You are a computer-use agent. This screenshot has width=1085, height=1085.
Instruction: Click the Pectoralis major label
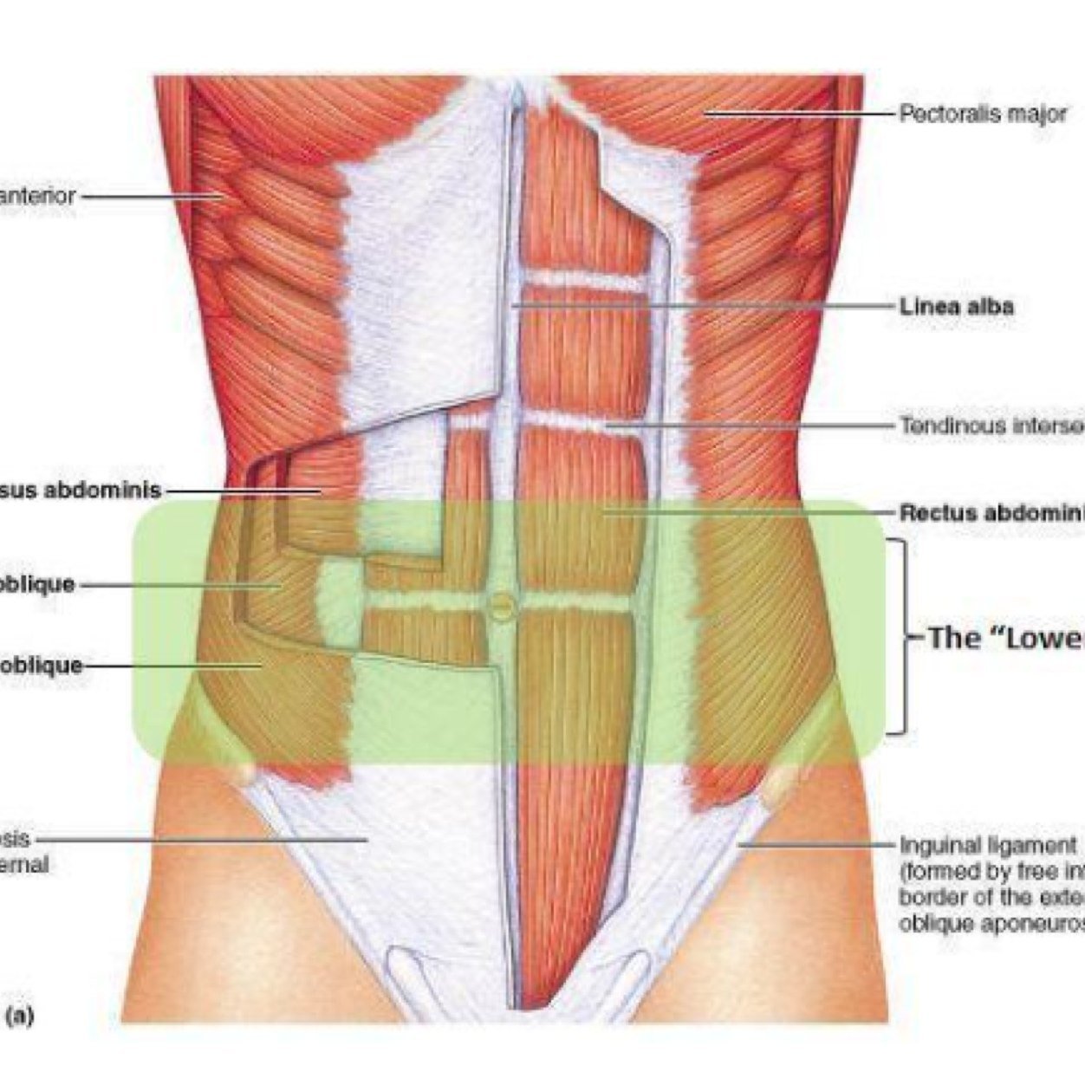[x=982, y=114]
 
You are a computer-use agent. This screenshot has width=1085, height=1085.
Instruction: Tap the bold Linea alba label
[x=956, y=306]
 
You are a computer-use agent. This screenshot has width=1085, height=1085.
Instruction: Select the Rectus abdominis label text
[x=991, y=512]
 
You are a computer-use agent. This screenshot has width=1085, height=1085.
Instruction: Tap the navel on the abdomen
[x=500, y=605]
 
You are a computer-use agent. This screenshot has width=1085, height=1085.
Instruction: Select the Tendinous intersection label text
[x=991, y=426]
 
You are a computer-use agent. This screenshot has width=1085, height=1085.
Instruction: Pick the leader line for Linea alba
[x=702, y=306]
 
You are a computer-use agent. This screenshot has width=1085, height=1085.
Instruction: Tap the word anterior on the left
[x=38, y=196]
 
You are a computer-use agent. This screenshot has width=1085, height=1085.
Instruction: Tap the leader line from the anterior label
[x=152, y=196]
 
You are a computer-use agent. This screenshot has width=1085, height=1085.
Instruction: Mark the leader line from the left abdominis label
[x=243, y=491]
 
